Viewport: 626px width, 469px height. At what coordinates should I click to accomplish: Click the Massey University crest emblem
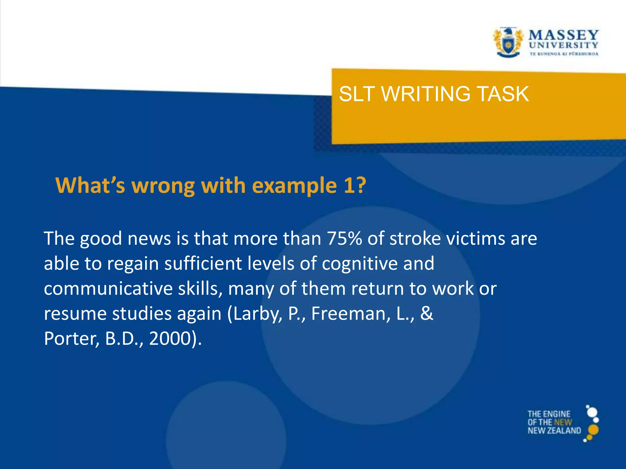[508, 42]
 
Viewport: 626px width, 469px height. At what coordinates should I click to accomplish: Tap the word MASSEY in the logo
[563, 35]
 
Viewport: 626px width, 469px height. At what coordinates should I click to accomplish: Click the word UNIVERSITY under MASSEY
[563, 45]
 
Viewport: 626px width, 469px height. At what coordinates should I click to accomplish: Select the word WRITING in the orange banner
[425, 94]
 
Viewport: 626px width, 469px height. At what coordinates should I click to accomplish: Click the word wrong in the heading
[163, 185]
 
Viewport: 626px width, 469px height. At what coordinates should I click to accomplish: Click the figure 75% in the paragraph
[344, 238]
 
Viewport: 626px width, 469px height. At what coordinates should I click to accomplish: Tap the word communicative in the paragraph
[108, 289]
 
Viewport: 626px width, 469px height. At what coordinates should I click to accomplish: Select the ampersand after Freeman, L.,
[426, 313]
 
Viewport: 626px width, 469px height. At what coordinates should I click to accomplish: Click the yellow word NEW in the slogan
[563, 422]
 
